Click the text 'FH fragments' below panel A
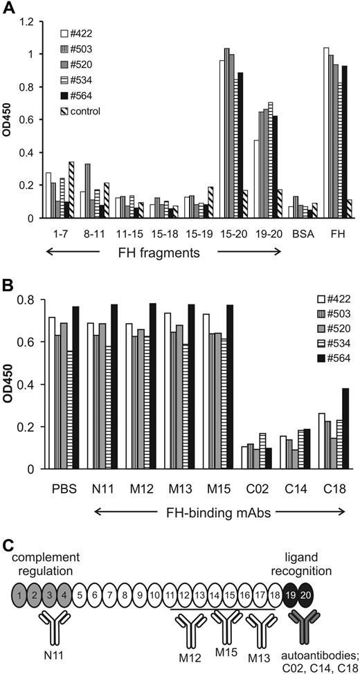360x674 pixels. tap(159, 253)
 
